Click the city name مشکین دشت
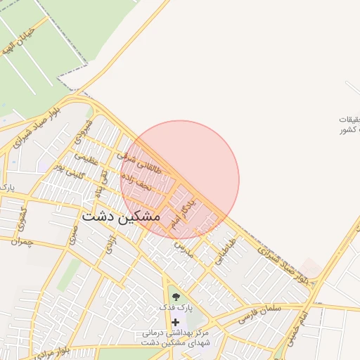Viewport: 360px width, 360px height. coord(125,217)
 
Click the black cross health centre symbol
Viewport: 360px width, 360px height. coord(175,322)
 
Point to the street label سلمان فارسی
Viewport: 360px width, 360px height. coord(259,314)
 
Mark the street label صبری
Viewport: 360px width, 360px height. coord(73,235)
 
